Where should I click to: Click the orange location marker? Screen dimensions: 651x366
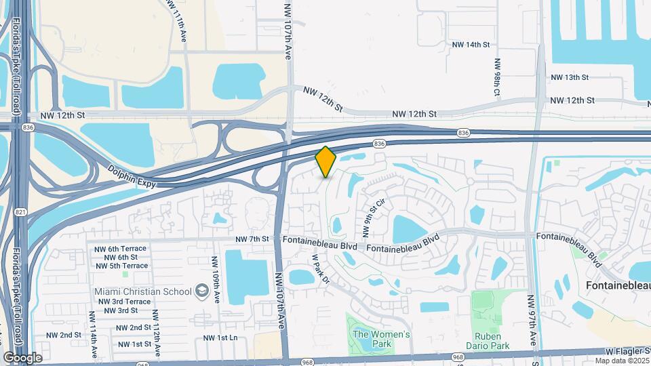pyautogui.click(x=325, y=161)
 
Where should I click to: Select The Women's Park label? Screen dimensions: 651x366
pyautogui.click(x=382, y=339)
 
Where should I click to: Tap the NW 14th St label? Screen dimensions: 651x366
pyautogui.click(x=471, y=45)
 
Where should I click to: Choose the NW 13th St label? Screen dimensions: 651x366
pyautogui.click(x=570, y=77)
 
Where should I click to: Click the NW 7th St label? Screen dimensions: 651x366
pyautogui.click(x=252, y=239)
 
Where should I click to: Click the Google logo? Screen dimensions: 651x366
pyautogui.click(x=22, y=357)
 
